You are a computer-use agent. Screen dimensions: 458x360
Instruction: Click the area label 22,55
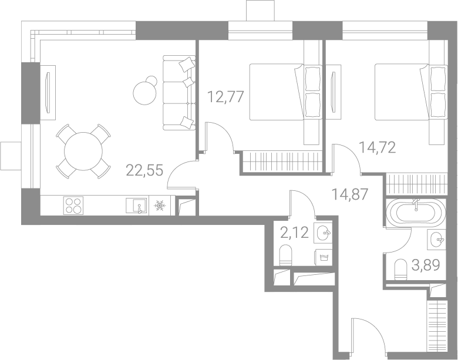(144, 170)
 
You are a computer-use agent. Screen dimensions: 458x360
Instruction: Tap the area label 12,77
(225, 97)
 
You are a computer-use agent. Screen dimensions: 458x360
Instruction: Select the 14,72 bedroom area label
(377, 147)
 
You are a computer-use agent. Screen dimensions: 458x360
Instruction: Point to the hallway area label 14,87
(349, 194)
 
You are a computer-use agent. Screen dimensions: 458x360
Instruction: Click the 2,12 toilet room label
(294, 233)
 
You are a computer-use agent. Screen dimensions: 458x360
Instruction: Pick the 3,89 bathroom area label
(426, 265)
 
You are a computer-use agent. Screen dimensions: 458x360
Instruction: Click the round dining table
(83, 152)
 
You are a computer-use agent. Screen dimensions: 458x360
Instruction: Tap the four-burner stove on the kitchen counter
(73, 206)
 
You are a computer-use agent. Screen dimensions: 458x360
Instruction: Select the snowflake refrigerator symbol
(160, 206)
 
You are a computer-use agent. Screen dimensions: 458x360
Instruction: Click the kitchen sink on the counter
(136, 206)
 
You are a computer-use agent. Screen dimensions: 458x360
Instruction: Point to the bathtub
(416, 213)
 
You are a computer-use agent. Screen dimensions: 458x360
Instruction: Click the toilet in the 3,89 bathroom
(400, 270)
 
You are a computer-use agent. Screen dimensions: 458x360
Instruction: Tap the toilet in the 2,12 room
(286, 255)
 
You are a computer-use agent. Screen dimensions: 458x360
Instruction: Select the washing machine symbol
(323, 257)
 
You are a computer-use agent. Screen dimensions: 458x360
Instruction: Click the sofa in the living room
(179, 93)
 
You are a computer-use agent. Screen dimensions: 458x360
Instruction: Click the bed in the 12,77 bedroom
(286, 92)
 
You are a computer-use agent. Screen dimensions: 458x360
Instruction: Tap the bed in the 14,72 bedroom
(411, 92)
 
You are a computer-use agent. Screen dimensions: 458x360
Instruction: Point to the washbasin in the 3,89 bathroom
(437, 240)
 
